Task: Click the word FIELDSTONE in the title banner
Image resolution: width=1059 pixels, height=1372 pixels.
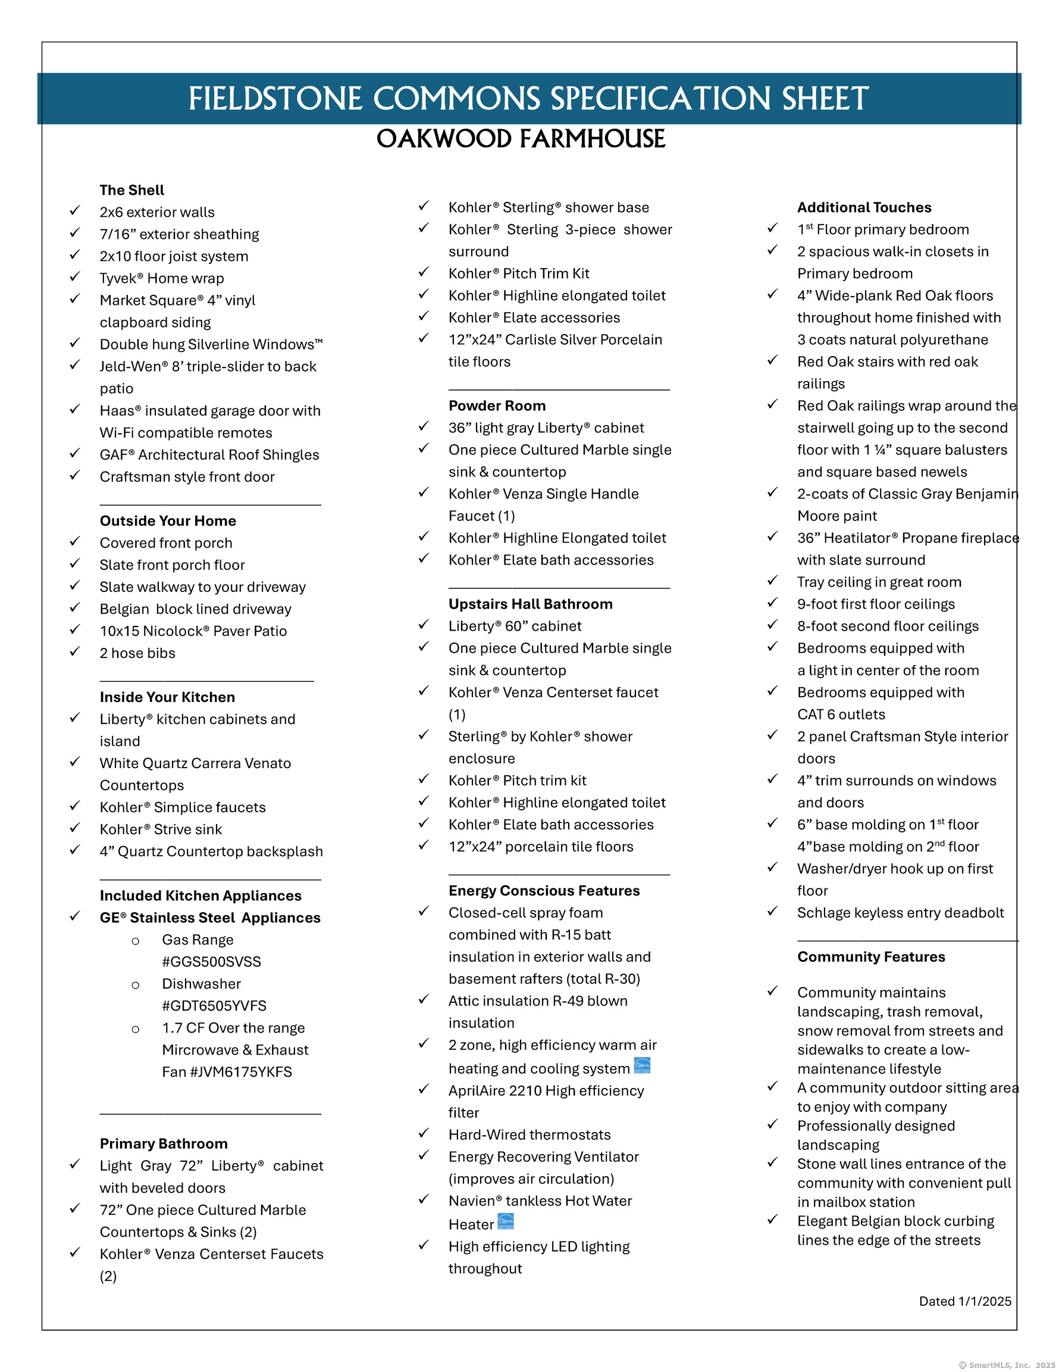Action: [275, 99]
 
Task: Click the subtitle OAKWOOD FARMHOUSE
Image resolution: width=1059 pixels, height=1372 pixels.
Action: [521, 139]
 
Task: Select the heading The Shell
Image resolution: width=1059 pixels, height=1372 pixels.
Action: [132, 191]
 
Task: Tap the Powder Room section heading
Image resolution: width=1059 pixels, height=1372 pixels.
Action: [497, 406]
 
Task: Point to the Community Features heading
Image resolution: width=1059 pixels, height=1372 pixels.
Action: [870, 957]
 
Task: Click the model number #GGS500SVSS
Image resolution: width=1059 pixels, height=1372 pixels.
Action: [211, 962]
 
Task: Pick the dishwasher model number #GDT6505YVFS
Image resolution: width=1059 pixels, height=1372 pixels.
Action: [214, 1006]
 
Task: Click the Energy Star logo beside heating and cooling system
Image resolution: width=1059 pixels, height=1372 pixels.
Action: [641, 1066]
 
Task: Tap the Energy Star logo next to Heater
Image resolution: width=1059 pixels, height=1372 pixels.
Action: [505, 1222]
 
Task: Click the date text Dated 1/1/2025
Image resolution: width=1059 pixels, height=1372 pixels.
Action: [965, 1301]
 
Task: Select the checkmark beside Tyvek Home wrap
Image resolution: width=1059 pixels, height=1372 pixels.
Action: [75, 276]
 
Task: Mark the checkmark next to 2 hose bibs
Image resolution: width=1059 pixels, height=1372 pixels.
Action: [75, 651]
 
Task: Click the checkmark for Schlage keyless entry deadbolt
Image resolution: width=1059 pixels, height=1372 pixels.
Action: [772, 911]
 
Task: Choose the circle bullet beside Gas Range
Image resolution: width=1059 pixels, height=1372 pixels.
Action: [135, 941]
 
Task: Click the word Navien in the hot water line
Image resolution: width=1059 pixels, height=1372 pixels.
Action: [472, 1201]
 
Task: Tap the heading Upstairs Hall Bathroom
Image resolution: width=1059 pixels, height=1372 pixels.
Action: [531, 604]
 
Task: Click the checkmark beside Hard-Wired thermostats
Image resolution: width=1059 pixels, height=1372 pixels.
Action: [424, 1133]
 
